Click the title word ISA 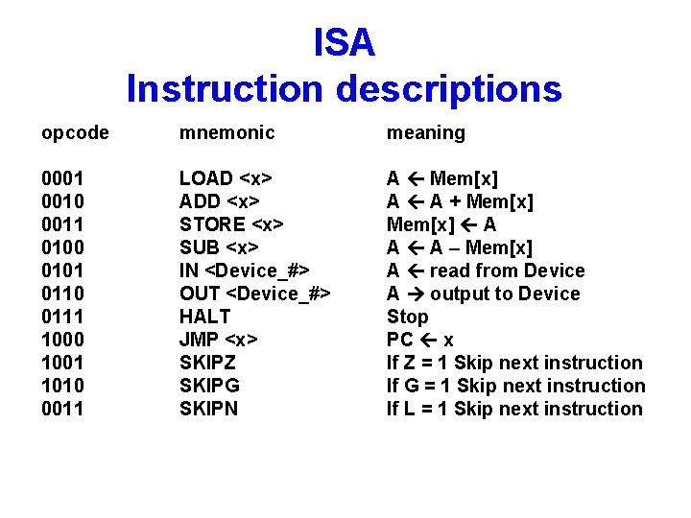pyautogui.click(x=345, y=42)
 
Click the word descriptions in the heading pyautogui.click(x=448, y=89)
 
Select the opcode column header pyautogui.click(x=75, y=133)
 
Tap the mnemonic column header pyautogui.click(x=226, y=133)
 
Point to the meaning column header pyautogui.click(x=425, y=133)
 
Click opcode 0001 pyautogui.click(x=62, y=178)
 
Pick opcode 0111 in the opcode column pyautogui.click(x=62, y=317)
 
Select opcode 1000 pyautogui.click(x=62, y=340)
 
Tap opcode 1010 pyautogui.click(x=62, y=386)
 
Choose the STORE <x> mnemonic pyautogui.click(x=231, y=224)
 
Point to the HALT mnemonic pyautogui.click(x=205, y=317)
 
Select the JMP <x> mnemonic pyautogui.click(x=220, y=340)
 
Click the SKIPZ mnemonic pyautogui.click(x=209, y=363)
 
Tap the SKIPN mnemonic pyautogui.click(x=209, y=409)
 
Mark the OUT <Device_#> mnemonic pyautogui.click(x=255, y=294)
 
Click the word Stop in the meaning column pyautogui.click(x=408, y=317)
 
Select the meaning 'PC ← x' pyautogui.click(x=420, y=340)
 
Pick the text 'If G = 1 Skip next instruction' pyautogui.click(x=515, y=386)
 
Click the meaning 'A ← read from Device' pyautogui.click(x=486, y=271)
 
